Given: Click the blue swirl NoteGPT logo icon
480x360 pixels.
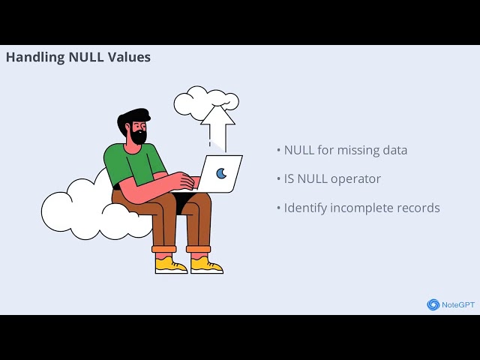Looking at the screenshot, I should tap(433, 304).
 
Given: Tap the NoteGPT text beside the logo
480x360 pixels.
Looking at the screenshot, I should tap(457, 304).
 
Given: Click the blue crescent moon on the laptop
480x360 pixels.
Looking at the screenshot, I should tap(221, 173).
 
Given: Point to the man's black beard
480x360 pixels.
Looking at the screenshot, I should tap(138, 136).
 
